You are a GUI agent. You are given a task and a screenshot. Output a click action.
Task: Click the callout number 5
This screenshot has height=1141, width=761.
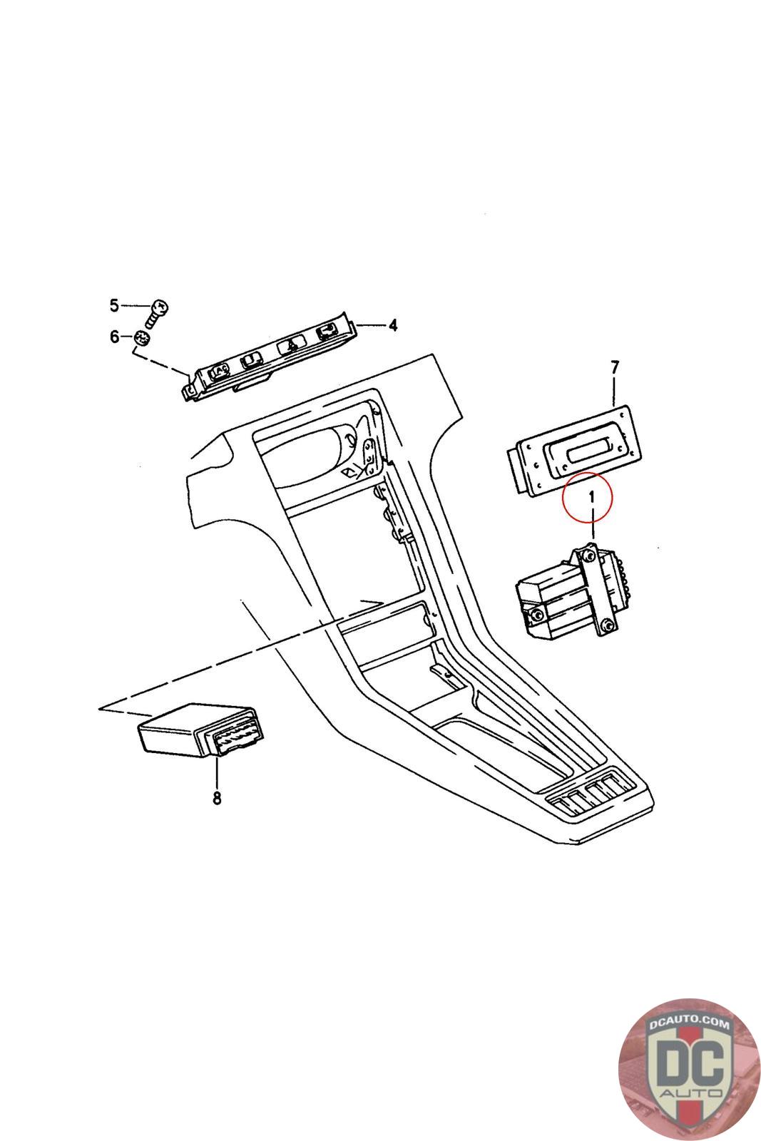coord(114,306)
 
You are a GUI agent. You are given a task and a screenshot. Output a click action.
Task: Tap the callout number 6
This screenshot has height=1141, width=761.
coord(114,337)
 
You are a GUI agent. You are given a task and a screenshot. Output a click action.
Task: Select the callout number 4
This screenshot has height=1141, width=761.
coord(392,326)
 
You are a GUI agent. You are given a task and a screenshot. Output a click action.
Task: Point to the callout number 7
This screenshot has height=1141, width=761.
coord(615,367)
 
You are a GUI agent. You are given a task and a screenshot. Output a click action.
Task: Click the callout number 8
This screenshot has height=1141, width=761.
coord(217,798)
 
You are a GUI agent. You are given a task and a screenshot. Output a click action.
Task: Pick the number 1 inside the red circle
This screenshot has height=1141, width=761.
coord(590,496)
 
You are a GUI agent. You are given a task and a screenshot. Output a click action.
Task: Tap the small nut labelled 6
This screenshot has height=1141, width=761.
coord(141,337)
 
